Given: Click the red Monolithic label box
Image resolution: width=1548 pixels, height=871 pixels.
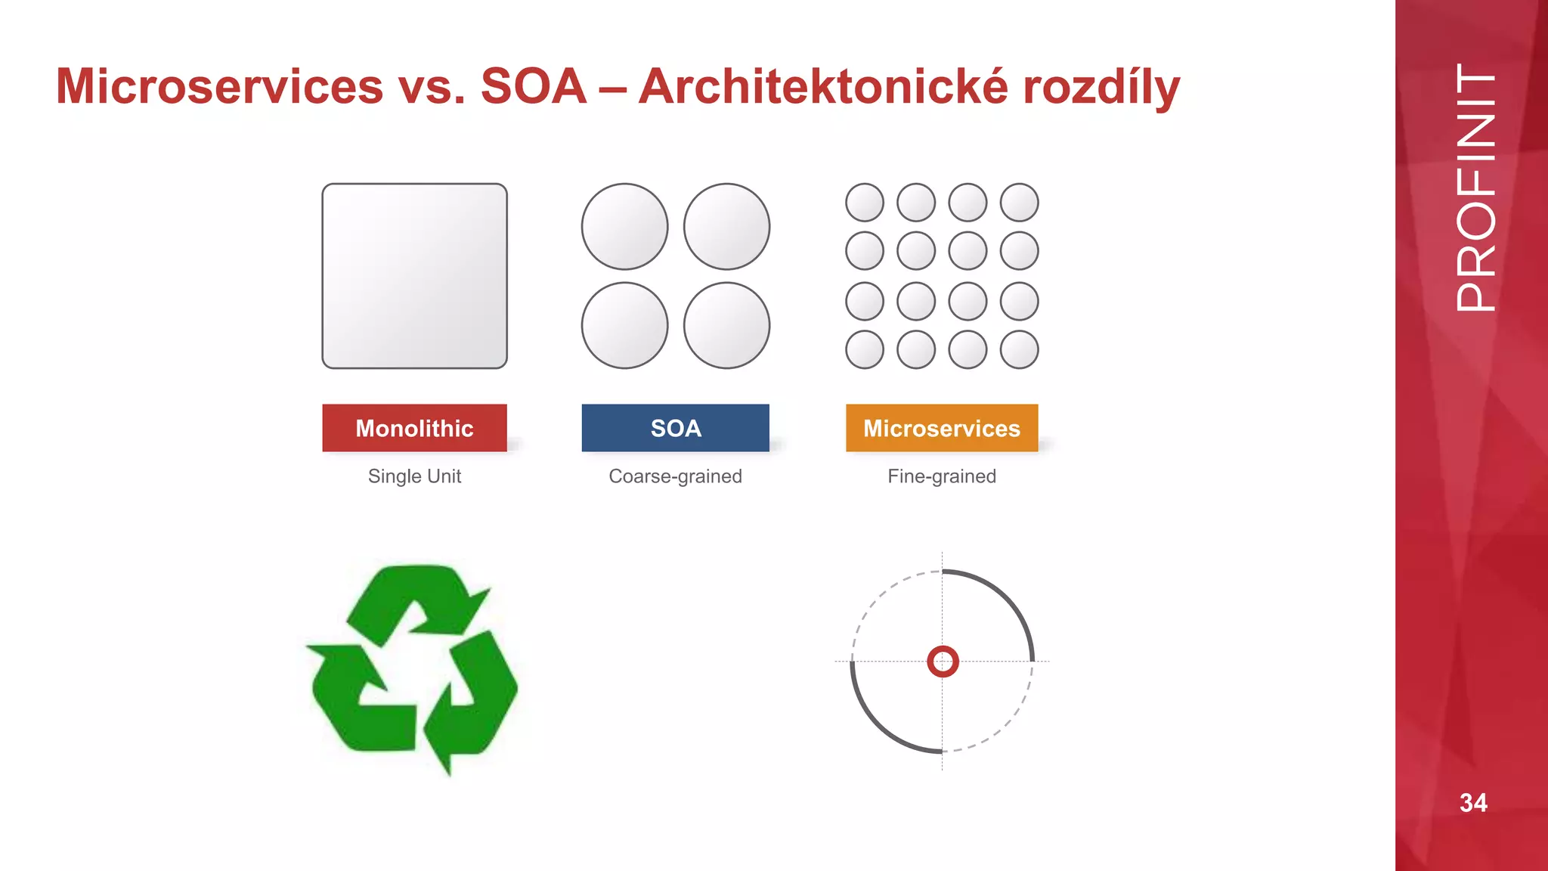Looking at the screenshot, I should coord(414,428).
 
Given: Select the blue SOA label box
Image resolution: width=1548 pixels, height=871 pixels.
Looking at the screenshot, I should coord(675,428).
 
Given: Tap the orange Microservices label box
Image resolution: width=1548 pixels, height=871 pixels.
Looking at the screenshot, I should coord(942,428).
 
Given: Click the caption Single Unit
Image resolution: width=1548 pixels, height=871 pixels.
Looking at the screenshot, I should coord(414,476).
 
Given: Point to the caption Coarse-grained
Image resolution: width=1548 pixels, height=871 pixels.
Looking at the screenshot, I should coord(675,476).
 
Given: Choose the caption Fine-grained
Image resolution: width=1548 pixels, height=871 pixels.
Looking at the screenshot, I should coord(942,476).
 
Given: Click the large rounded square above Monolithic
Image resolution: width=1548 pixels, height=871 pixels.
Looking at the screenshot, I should coord(414,276).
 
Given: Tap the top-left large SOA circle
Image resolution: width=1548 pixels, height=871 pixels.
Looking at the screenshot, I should coord(624,226).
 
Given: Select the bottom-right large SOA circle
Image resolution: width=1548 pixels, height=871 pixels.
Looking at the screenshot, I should coord(726,326).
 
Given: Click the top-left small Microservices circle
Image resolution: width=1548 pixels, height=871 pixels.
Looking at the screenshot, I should coord(865,203).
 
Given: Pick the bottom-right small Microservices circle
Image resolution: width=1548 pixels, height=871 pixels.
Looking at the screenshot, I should coord(1019,349).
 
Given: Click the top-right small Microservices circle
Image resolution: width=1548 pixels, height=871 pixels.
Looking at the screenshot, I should coord(1019,203).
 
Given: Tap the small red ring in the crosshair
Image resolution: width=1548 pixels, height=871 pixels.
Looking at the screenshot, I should coord(943,662).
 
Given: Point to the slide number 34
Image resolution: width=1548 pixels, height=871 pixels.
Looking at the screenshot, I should coord(1473,802).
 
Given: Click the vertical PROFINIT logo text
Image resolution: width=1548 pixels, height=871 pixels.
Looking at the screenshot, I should coord(1475,188).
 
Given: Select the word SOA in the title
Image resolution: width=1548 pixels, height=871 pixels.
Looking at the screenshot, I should coord(534,86).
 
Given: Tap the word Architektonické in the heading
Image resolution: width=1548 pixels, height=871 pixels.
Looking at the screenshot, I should coord(822,86).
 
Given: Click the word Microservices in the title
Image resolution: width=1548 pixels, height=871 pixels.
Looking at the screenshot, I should coord(220,86).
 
